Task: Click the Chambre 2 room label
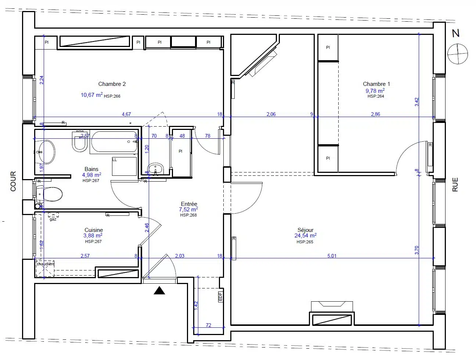pos(112,84)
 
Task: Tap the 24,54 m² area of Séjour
pos(305,236)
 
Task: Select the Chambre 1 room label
pos(376,84)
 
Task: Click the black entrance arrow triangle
pos(159,291)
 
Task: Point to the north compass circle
pos(458,54)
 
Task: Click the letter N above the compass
pos(455,33)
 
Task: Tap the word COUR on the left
pos(14,181)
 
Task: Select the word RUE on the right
pos(455,185)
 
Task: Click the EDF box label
pos(220,296)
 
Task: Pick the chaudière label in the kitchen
pos(45,264)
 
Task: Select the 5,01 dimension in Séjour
pos(332,256)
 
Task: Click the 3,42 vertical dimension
pos(416,102)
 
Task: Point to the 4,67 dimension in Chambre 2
pos(126,114)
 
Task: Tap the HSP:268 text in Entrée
pos(188,215)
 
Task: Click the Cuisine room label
pos(94,230)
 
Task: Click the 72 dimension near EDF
pos(208,325)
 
